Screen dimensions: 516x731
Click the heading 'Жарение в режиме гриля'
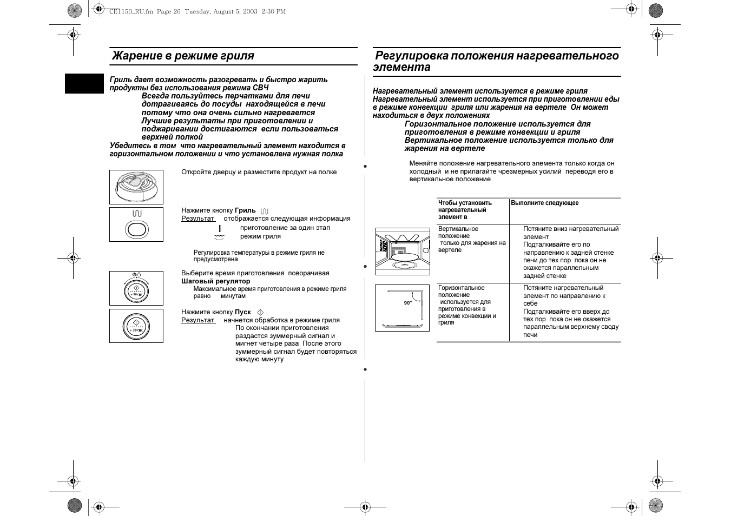pyautogui.click(x=183, y=56)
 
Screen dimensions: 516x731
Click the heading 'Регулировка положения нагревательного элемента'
pyautogui.click(x=496, y=61)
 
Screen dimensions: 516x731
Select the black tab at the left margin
pyautogui.click(x=84, y=84)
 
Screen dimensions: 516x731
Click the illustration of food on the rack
pyautogui.click(x=136, y=187)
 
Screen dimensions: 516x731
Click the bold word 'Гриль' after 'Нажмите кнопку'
pyautogui.click(x=245, y=210)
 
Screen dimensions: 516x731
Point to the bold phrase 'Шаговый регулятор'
pyautogui.click(x=215, y=281)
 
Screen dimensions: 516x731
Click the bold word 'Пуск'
pyautogui.click(x=243, y=312)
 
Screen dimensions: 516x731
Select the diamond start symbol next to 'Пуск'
pyautogui.click(x=260, y=313)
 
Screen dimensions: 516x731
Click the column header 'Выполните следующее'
pyautogui.click(x=544, y=203)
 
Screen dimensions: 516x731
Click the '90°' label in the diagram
pyautogui.click(x=407, y=303)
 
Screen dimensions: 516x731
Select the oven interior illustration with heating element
pyautogui.click(x=402, y=251)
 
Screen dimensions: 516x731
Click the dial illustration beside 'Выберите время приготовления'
pyautogui.click(x=136, y=288)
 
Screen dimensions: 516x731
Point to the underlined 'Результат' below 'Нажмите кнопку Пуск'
pyautogui.click(x=197, y=320)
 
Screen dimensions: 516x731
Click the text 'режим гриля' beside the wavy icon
pyautogui.click(x=260, y=236)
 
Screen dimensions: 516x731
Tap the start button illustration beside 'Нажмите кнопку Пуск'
pyautogui.click(x=136, y=326)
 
